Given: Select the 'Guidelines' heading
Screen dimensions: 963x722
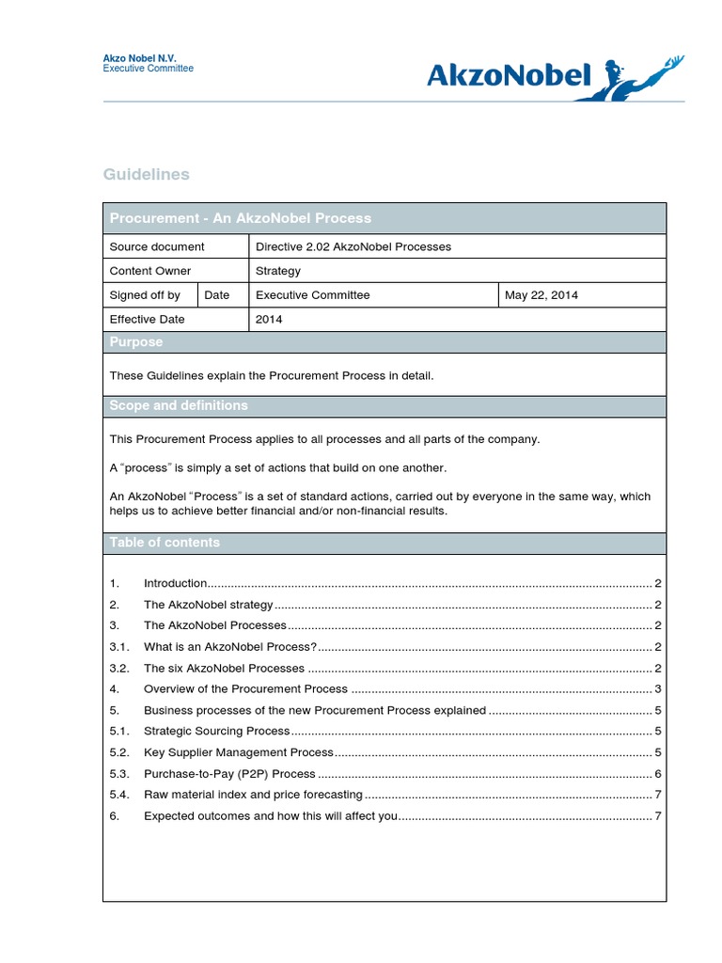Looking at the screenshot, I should [146, 174].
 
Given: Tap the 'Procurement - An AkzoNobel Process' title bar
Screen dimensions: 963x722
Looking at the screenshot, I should [241, 218].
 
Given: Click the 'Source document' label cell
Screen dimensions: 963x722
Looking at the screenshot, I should [157, 246].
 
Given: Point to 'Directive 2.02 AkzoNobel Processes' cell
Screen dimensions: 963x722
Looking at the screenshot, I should [353, 246].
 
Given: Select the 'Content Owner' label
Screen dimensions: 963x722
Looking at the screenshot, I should [150, 271].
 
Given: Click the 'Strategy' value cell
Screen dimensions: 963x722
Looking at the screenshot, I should [278, 271].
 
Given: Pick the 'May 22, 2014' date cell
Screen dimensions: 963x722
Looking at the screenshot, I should [541, 295].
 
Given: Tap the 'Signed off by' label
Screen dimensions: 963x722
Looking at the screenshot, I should [145, 295].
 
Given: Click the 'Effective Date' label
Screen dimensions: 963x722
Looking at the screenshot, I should [148, 320].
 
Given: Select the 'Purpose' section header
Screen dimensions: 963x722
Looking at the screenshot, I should [136, 342].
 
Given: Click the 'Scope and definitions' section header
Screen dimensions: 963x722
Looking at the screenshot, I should [179, 405].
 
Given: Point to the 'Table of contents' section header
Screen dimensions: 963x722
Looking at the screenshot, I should [165, 543].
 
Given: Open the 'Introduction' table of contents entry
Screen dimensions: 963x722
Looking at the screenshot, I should [176, 584].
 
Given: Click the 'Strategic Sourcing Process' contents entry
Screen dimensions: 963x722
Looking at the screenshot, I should [217, 731].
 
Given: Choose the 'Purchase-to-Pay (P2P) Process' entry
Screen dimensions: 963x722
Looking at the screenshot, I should [229, 774].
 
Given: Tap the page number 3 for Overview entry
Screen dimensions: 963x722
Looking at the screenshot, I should [658, 689].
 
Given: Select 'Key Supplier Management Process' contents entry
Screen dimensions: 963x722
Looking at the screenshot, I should [239, 752].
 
